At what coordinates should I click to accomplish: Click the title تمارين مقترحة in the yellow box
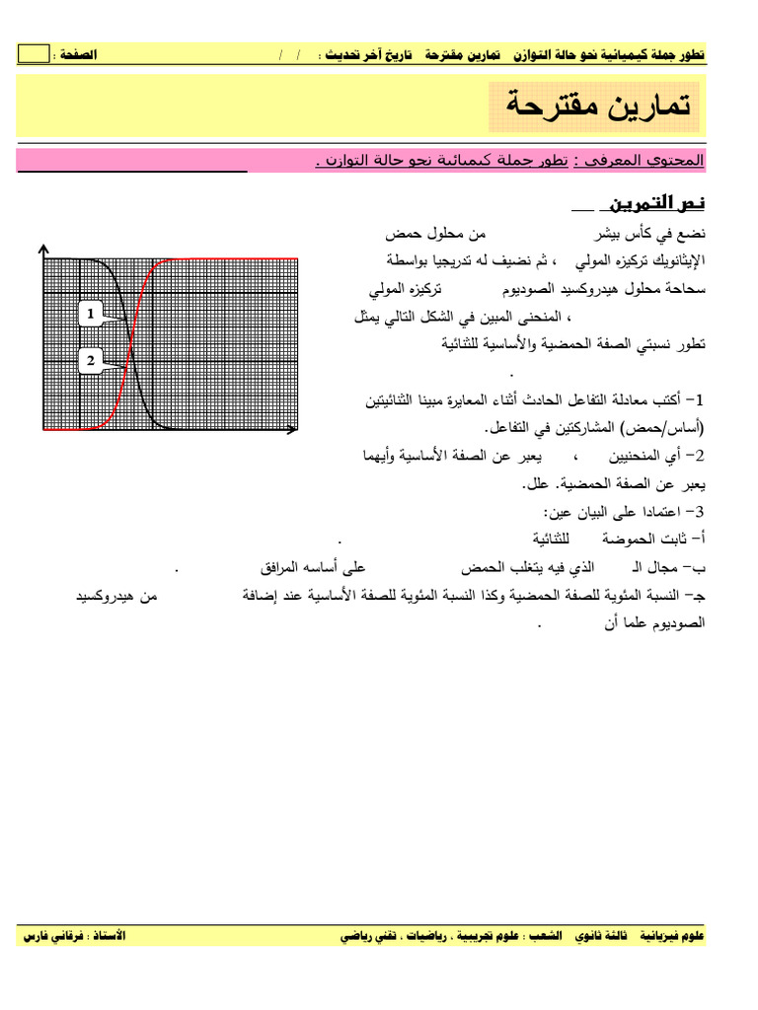point(596,105)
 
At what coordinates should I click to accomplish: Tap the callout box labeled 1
point(91,314)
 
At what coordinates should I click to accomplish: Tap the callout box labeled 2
point(91,361)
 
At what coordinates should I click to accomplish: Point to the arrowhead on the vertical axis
point(42,250)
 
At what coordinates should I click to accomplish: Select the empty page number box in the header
point(33,54)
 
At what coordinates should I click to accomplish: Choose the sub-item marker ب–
point(698,569)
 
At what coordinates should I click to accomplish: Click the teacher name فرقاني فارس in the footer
point(55,935)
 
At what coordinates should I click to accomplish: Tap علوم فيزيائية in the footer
point(672,935)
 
